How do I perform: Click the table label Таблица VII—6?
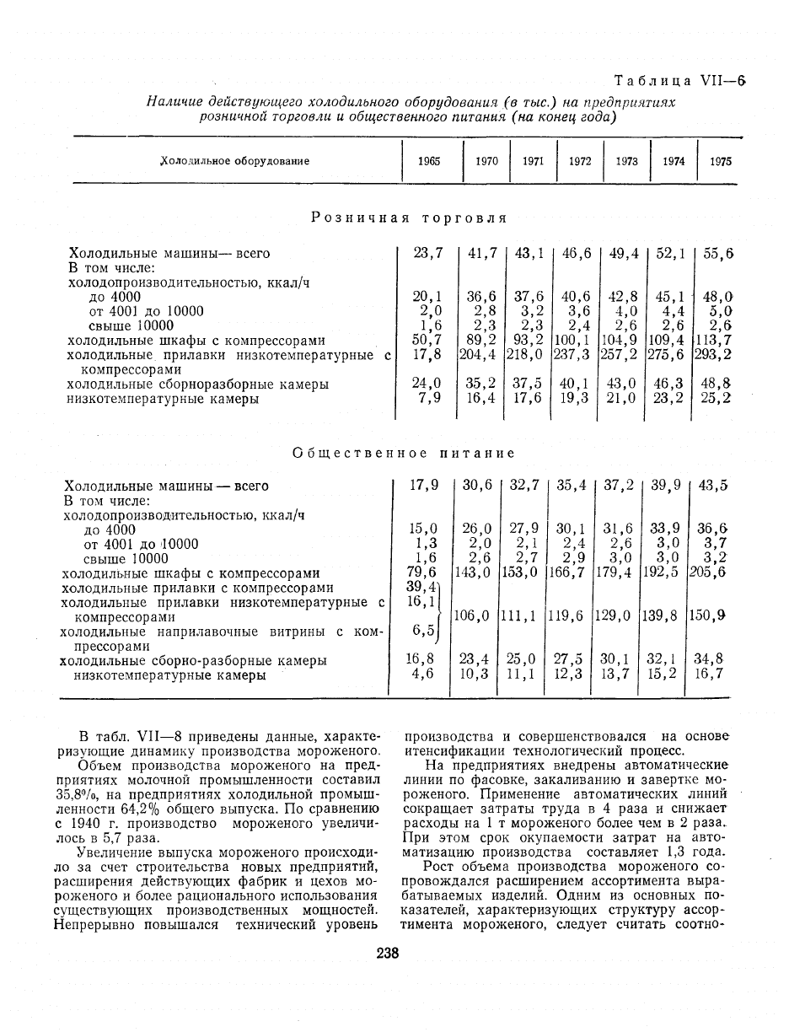681,81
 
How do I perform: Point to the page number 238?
388,954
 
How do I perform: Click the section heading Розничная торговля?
409,218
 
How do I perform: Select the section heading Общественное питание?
403,453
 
